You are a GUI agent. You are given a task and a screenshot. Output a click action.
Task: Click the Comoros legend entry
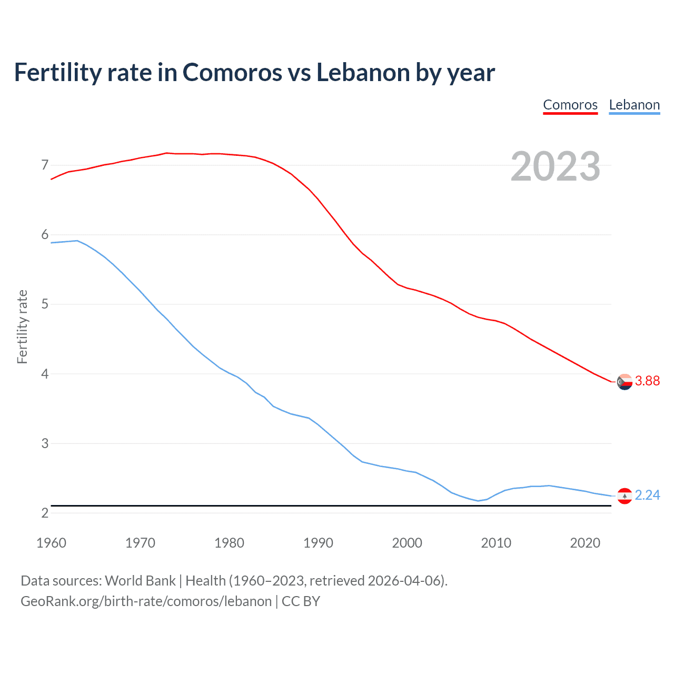(570, 105)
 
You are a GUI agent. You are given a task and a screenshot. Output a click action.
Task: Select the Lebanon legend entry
(634, 105)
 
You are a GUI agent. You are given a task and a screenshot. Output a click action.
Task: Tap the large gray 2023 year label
(556, 166)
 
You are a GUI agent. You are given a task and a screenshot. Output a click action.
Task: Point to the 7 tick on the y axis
(45, 165)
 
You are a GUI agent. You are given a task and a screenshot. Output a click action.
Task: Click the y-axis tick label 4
(45, 374)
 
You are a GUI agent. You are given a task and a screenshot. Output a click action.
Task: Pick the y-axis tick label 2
(45, 513)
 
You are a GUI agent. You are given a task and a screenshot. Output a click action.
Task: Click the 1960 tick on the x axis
(51, 543)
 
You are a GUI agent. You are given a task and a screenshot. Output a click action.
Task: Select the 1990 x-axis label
(318, 543)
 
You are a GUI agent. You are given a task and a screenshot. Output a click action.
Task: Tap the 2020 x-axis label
(585, 543)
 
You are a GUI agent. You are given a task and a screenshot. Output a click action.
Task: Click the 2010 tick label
(496, 543)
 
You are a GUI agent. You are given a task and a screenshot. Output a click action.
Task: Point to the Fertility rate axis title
(22, 326)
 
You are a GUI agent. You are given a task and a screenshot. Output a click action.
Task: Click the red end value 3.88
(647, 381)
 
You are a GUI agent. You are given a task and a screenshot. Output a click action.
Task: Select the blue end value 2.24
(647, 495)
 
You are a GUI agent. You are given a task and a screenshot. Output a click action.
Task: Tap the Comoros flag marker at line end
(625, 382)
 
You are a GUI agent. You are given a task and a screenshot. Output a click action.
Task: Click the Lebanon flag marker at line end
(625, 496)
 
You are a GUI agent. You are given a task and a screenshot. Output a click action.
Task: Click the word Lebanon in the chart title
(363, 72)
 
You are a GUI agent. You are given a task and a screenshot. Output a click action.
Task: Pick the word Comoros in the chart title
(232, 72)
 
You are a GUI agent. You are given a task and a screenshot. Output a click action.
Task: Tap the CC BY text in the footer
(301, 601)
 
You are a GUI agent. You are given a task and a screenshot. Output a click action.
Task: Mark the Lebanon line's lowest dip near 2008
(478, 501)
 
